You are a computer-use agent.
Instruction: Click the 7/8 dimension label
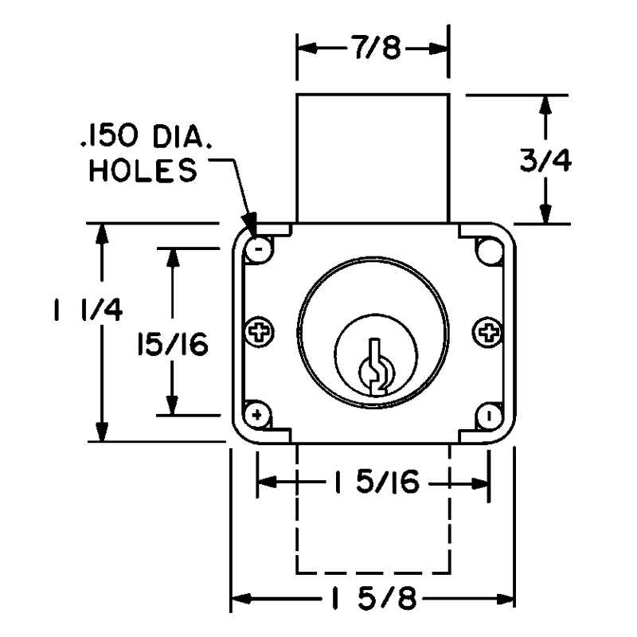373,49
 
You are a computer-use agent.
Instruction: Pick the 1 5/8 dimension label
373,598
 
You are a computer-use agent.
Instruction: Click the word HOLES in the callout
143,173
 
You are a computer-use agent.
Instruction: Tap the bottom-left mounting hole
257,415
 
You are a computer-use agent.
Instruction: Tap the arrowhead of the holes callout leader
250,228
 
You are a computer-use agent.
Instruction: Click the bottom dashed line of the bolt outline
373,572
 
